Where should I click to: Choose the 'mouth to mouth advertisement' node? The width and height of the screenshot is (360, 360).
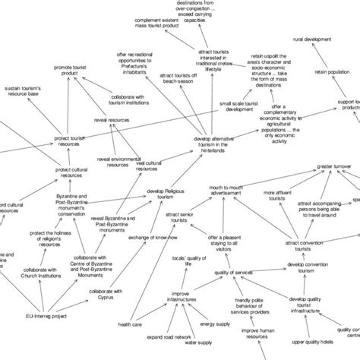pyautogui.click(x=226, y=190)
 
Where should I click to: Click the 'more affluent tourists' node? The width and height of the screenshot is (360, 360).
pyautogui.click(x=281, y=197)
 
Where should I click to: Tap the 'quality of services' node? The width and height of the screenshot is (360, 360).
pyautogui.click(x=232, y=271)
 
